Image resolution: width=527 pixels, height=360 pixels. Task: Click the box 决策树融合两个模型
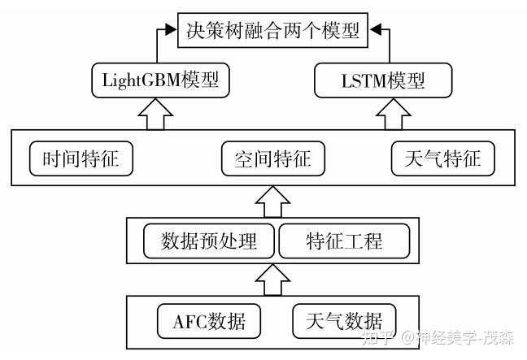tap(272, 33)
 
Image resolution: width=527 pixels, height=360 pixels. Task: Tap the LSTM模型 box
tap(382, 82)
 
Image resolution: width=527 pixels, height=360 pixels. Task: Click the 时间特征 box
tap(81, 158)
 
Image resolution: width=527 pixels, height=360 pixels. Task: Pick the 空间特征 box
tap(267, 158)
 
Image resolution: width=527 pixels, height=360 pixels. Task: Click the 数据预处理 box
tap(209, 241)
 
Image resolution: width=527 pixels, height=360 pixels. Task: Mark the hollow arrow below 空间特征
tap(273, 200)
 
